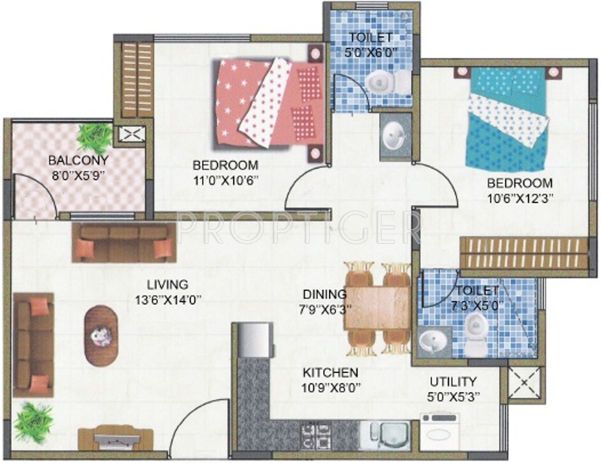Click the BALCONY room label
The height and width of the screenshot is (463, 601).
79,160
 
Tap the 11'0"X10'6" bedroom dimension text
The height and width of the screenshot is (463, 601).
225,180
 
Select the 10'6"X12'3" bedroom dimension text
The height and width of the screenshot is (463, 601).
519,198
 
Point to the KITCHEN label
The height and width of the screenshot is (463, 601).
330,373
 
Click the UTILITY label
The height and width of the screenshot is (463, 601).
453,381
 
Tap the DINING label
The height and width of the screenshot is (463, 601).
324,294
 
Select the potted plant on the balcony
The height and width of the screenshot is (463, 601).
95,137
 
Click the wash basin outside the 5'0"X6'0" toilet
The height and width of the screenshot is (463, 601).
394,136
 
